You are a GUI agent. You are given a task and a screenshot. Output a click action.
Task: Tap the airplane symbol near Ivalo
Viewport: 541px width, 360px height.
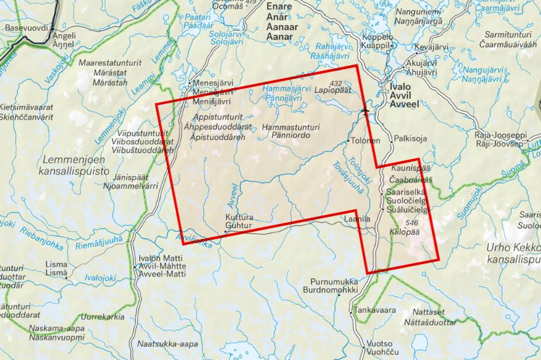point(366,111)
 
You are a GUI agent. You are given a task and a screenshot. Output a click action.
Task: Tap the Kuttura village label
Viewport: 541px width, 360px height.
point(239,217)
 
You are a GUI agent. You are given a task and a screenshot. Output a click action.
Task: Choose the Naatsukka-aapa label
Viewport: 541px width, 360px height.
point(168,344)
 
